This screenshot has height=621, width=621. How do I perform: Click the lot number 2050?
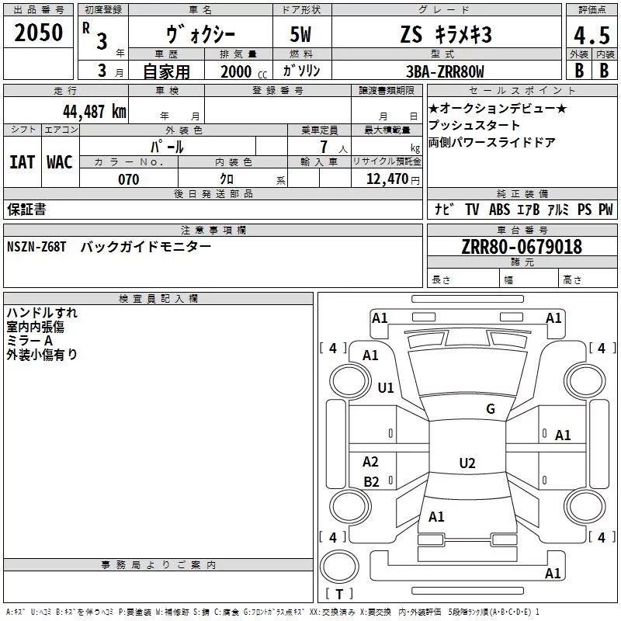(38, 33)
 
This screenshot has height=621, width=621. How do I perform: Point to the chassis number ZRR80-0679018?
(522, 247)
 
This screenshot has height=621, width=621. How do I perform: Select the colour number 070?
(128, 179)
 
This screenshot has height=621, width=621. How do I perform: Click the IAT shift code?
(22, 161)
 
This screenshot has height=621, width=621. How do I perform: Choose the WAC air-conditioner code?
(60, 161)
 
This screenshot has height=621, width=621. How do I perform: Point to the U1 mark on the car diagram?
(386, 387)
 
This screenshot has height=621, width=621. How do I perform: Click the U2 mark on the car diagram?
(467, 463)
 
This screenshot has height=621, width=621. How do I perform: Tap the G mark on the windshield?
(490, 409)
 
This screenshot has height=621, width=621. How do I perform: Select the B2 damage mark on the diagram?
(372, 482)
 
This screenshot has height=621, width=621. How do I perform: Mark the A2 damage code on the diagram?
(371, 462)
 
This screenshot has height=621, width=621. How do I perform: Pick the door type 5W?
(303, 35)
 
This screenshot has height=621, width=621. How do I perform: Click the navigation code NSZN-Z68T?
(36, 246)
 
